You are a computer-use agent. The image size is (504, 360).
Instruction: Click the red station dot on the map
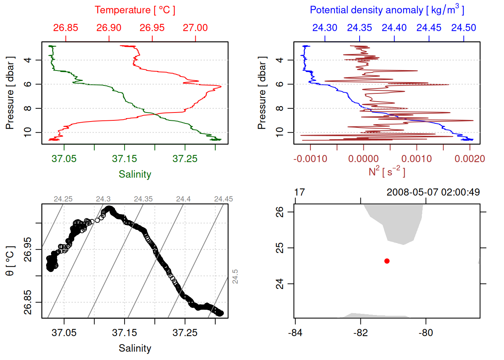pos(387,261)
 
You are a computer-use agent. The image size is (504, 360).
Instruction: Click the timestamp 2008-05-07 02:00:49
pos(433,192)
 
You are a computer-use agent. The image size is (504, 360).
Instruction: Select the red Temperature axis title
pos(135,10)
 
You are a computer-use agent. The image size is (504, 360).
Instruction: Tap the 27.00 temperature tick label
pos(195,28)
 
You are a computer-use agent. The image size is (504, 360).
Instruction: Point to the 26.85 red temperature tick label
pos(66,28)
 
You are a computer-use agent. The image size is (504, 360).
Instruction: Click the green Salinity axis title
pos(135,174)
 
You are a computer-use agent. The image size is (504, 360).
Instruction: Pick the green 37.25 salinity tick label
pos(185,159)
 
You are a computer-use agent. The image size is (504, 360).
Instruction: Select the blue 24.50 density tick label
pos(463,28)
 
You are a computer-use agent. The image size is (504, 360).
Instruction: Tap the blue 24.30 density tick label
pos(325,28)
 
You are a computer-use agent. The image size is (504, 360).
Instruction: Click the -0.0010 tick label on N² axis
pos(310,159)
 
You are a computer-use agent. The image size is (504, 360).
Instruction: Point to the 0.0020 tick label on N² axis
pos(469,159)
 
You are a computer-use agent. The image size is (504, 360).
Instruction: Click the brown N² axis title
pos(387,171)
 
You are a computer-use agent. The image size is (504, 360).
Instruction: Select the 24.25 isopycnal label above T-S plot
pos(63,199)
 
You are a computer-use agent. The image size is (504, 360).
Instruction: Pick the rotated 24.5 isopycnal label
pos(235,276)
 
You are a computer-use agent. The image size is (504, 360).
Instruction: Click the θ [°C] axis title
pos(10,261)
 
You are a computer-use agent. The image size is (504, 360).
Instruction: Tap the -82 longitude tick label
pos(360,333)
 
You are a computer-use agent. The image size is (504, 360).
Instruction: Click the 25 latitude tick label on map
pos(280,248)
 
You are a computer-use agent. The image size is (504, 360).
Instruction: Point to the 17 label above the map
pos(299,192)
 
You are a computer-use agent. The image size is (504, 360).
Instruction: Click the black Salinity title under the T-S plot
pos(135,348)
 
